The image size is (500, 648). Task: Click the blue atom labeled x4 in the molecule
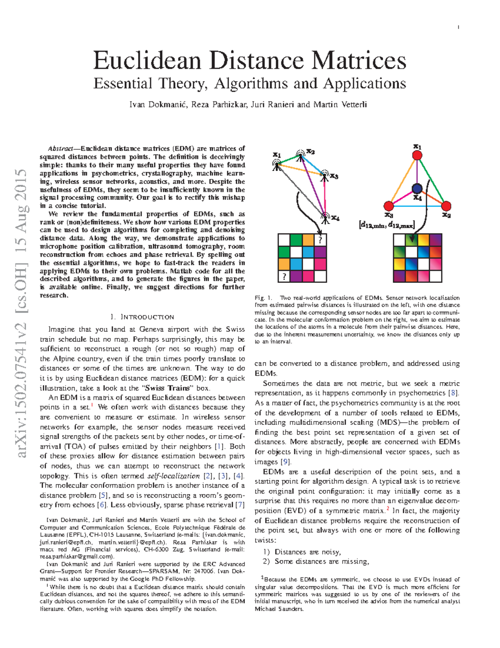click(417, 189)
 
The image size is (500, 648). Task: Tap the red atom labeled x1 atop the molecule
click(417, 156)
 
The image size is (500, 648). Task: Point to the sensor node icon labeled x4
click(325, 216)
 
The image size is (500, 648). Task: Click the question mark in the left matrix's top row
click(320, 240)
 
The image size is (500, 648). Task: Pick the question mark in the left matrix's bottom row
click(284, 276)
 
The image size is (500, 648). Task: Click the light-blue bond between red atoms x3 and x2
click(417, 206)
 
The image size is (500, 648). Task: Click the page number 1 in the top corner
click(458, 28)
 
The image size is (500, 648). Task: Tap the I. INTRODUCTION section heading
click(142, 317)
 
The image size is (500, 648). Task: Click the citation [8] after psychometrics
click(453, 393)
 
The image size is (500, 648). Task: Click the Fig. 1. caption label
click(263, 298)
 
